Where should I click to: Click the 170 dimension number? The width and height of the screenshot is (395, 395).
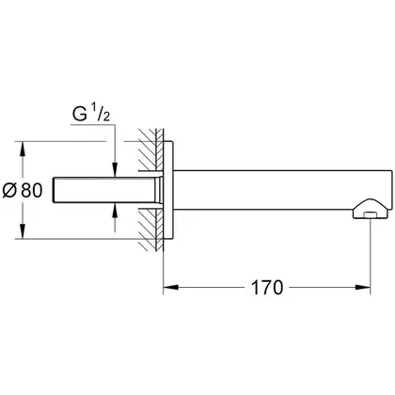click(267, 288)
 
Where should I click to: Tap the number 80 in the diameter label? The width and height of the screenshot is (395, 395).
click(31, 190)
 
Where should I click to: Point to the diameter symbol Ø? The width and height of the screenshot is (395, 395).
click(9, 190)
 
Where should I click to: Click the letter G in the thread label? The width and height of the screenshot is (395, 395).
click(80, 114)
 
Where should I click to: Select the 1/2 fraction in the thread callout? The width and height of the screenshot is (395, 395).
click(101, 114)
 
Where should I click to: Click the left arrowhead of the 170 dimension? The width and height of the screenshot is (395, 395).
click(171, 287)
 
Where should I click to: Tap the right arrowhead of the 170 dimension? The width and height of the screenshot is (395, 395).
click(363, 287)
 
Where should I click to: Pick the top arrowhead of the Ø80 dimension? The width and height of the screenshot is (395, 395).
click(23, 149)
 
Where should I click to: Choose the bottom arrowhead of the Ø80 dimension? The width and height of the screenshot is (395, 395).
click(23, 231)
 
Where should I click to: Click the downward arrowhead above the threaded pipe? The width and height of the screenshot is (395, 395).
click(115, 169)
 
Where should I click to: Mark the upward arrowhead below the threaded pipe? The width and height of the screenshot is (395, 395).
click(115, 211)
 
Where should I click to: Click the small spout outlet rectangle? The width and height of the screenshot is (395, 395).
click(371, 214)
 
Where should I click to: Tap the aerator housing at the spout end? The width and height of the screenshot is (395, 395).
click(371, 209)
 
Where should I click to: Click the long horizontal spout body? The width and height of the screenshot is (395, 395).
click(282, 190)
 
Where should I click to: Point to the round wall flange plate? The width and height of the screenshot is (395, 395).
click(168, 190)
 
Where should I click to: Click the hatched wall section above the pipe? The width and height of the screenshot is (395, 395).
click(151, 150)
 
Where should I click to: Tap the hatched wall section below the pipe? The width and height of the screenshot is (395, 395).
click(151, 229)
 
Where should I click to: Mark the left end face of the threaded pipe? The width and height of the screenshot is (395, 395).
click(55, 190)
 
